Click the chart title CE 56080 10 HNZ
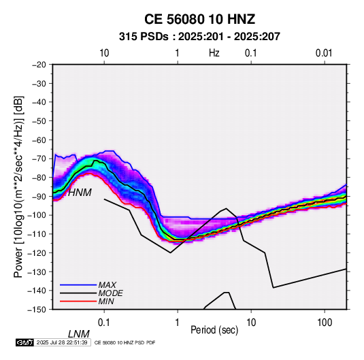(199, 19)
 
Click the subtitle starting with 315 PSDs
(199, 37)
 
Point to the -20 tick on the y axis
(39, 65)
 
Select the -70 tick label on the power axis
(39, 159)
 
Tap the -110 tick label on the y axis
(37, 234)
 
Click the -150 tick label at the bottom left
(37, 310)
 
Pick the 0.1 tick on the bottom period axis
(104, 323)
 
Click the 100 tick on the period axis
(325, 323)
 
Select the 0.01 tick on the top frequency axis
(324, 53)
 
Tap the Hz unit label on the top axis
(214, 53)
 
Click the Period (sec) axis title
(214, 330)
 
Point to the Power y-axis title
(18, 187)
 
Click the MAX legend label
(107, 285)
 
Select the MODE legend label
(110, 293)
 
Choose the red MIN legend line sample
(78, 301)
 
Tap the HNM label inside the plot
(80, 193)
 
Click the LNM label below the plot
(79, 334)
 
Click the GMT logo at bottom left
(24, 342)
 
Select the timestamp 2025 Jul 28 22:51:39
(62, 342)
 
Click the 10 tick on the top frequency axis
(104, 53)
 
